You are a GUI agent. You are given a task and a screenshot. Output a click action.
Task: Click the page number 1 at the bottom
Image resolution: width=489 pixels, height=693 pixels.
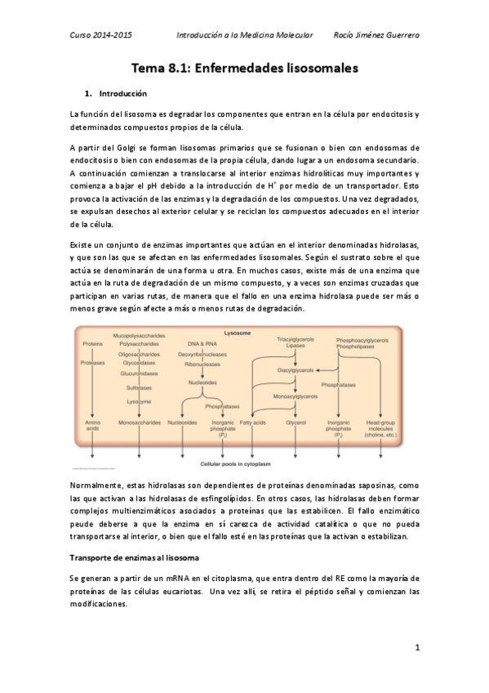[416, 648]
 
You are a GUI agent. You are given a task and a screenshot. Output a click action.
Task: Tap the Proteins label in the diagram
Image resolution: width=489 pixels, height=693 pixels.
[93, 344]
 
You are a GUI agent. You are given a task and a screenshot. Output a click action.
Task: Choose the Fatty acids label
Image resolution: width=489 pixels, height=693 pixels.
[251, 423]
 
